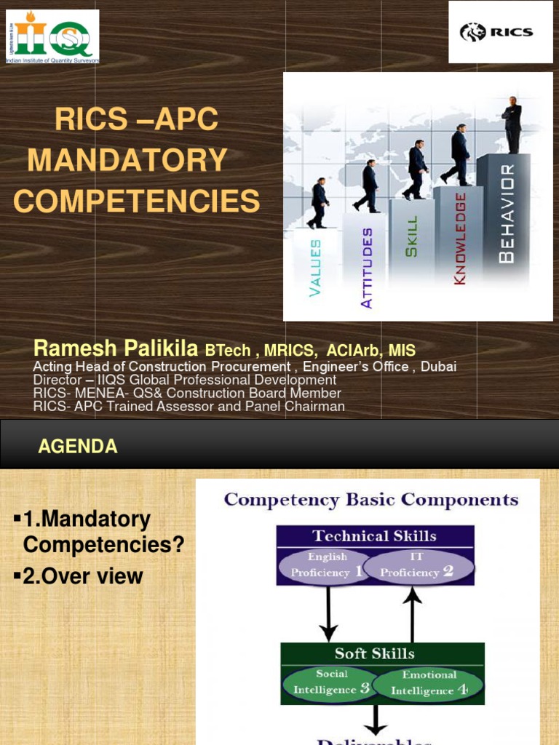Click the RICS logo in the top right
[500, 32]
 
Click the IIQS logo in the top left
[52, 36]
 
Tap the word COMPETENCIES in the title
[136, 200]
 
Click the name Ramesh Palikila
[116, 348]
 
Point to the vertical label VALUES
[315, 268]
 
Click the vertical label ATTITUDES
[367, 268]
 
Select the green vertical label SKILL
[412, 236]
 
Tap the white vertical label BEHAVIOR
[507, 213]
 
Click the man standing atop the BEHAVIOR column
[512, 124]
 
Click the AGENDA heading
[78, 447]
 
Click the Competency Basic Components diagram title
[371, 500]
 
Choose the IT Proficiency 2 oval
[418, 565]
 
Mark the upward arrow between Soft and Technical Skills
[412, 613]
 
